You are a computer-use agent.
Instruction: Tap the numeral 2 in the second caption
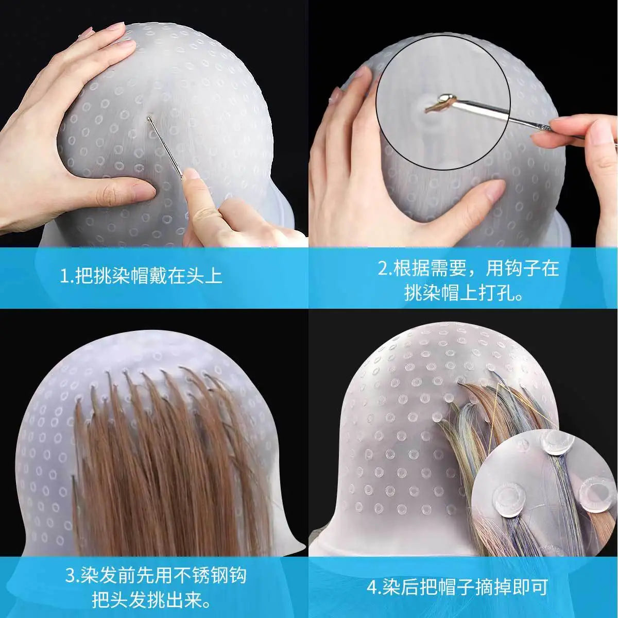(383, 268)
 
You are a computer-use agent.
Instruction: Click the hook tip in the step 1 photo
(148, 118)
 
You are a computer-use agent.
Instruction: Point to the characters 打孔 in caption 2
(496, 293)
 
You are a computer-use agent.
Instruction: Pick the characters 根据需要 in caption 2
(430, 268)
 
